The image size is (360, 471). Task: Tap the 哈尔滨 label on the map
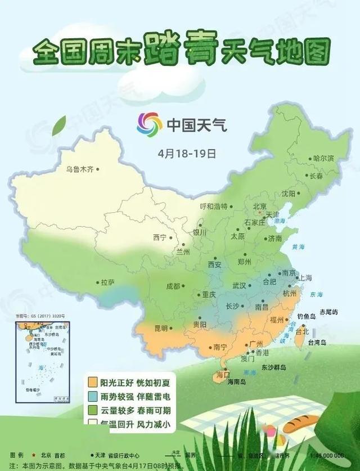323,158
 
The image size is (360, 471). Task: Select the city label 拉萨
107,282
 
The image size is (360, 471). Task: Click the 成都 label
173,286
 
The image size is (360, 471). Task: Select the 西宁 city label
160,237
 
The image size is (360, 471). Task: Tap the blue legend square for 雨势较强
91,396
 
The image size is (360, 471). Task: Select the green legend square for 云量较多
91,410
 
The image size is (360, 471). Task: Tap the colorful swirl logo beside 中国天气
149,124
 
